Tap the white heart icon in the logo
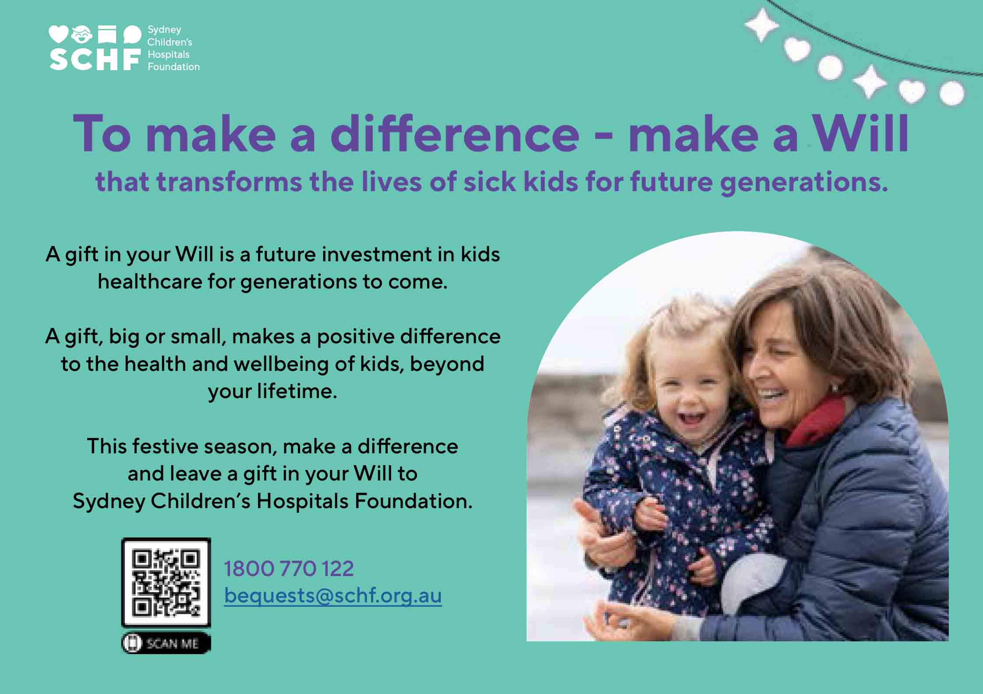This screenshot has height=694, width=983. pyautogui.click(x=58, y=34)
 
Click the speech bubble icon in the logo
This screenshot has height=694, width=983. pyautogui.click(x=132, y=34)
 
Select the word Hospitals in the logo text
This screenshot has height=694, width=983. pyautogui.click(x=169, y=54)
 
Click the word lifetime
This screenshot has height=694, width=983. pyautogui.click(x=297, y=391)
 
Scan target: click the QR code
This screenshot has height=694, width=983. pyautogui.click(x=166, y=582)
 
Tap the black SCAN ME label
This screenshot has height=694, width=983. pyautogui.click(x=166, y=643)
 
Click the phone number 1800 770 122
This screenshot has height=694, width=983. pyautogui.click(x=289, y=569)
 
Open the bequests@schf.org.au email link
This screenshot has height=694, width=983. pyautogui.click(x=333, y=595)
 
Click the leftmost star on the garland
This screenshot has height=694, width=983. pyautogui.click(x=761, y=25)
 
